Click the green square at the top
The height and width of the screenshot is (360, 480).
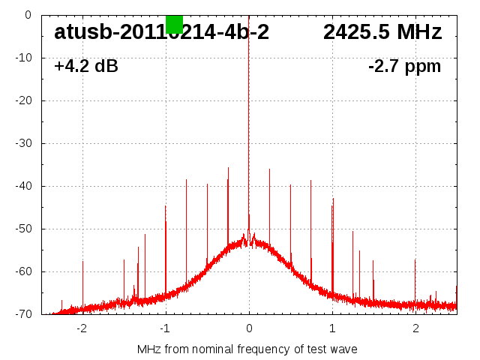[x=174, y=24]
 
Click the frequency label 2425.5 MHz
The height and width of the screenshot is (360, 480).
[x=382, y=32]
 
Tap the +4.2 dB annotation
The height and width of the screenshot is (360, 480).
[x=86, y=67]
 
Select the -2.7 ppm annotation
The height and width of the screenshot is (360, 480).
[x=404, y=67]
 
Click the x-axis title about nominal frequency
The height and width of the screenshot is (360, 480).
[x=247, y=349]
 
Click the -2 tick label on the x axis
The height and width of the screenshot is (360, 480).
[x=81, y=328]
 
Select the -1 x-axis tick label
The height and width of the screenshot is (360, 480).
[x=164, y=328]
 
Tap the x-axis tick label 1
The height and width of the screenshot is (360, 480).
[x=332, y=328]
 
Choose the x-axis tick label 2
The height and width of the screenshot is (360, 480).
[x=415, y=328]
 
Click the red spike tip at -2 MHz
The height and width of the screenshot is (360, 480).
[x=82, y=261]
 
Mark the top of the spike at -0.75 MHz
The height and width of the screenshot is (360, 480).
[x=187, y=180]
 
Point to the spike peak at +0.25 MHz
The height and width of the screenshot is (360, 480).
[x=270, y=169]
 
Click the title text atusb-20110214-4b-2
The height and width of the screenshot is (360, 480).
[x=161, y=32]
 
